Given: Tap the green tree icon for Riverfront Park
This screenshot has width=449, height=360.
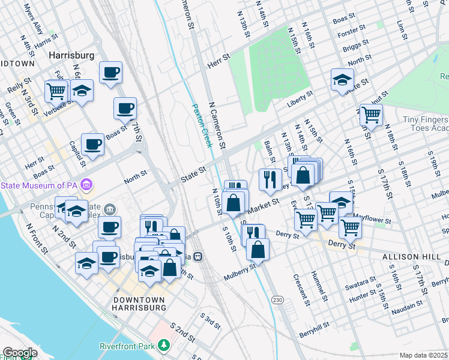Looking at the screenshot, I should click(163, 346).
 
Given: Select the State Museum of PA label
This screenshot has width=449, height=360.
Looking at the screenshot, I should click(40, 184).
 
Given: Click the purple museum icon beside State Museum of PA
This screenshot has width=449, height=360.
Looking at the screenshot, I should click(86, 184).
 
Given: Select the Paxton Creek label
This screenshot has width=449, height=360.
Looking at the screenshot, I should click(203, 126).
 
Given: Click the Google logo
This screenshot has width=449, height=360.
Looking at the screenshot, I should click(20, 353).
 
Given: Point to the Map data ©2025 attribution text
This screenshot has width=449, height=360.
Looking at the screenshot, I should click(423, 355).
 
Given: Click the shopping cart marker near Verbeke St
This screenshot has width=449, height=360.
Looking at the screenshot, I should click(56, 92).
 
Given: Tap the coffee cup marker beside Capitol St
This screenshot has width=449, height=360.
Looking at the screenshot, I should click(92, 145).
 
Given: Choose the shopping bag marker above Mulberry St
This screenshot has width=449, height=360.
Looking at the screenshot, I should click(258, 249).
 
